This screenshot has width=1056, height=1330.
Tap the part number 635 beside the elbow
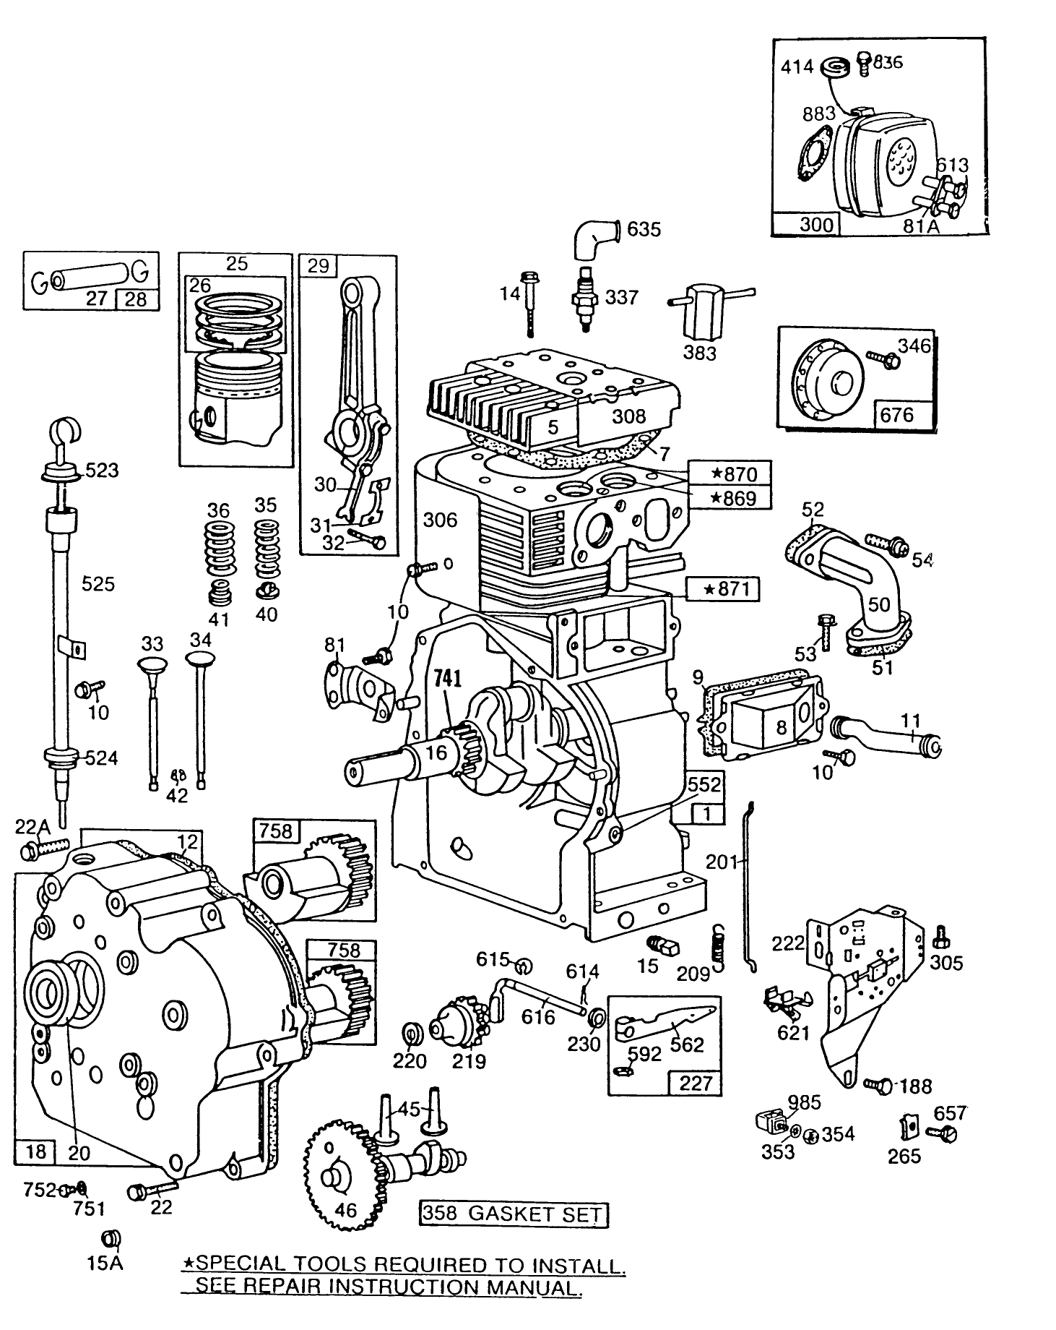point(644,229)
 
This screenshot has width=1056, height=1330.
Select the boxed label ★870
point(729,474)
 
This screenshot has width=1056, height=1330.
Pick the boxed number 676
point(896,415)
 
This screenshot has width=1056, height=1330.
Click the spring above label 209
point(719,945)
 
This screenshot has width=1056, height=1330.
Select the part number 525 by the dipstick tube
point(98,583)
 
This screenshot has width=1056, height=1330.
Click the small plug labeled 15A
point(111,1239)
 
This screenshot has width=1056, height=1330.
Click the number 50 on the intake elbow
point(878,603)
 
